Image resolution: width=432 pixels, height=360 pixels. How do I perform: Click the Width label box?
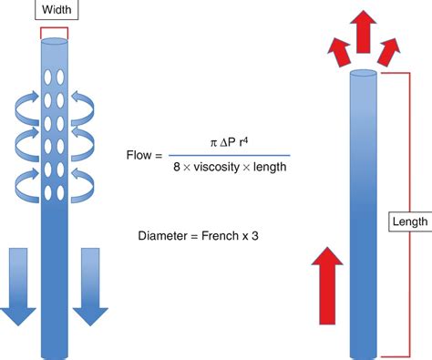[54, 11]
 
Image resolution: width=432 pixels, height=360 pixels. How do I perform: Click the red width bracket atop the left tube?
[54, 32]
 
